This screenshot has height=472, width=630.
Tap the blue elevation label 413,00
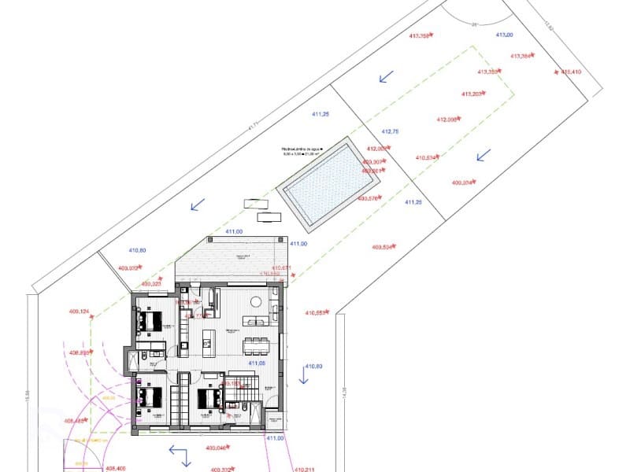pos(504,35)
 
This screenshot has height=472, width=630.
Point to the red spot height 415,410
pos(571,72)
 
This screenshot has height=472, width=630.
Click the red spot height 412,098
pos(447,120)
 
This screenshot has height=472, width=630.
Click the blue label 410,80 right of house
pos(313,367)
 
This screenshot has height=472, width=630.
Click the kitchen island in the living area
pos(209,338)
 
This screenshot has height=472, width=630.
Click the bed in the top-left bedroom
pos(150,321)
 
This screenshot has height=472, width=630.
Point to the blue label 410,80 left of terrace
pos(137,250)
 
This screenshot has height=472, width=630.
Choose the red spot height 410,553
pos(316,312)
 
